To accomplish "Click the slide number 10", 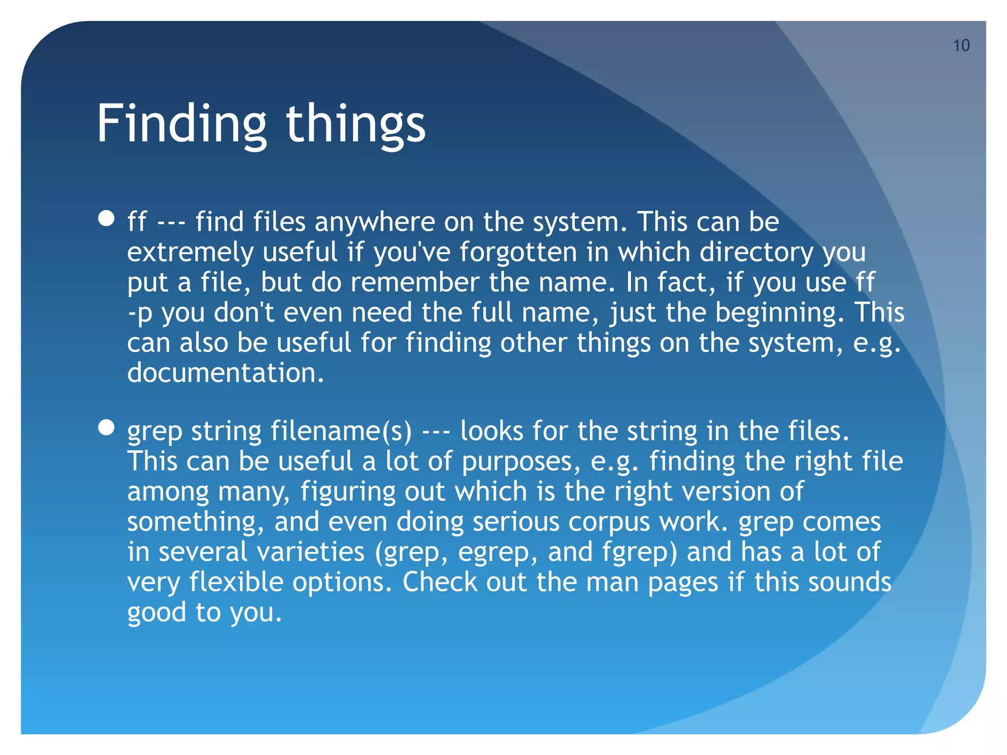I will pyautogui.click(x=961, y=46).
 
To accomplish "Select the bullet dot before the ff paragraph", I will pyautogui.click(x=106, y=218).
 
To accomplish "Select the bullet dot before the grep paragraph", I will pyautogui.click(x=106, y=427).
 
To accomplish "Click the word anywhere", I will pyautogui.click(x=375, y=222).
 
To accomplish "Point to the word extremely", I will pyautogui.click(x=190, y=252).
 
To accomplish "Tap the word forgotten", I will pyautogui.click(x=518, y=252).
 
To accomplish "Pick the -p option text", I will pyautogui.click(x=140, y=313).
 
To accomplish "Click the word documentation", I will pyautogui.click(x=226, y=373).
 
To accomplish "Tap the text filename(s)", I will pyautogui.click(x=341, y=431).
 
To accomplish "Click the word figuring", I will pyautogui.click(x=348, y=492).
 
